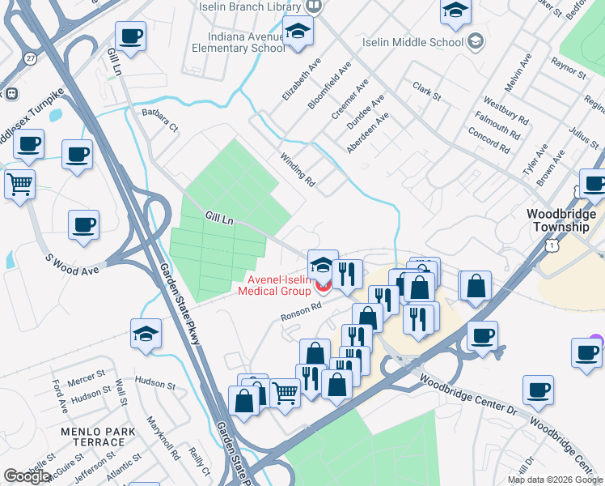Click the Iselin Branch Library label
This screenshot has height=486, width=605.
252,6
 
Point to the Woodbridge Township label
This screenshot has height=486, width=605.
561,220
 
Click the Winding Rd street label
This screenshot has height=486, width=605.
297,170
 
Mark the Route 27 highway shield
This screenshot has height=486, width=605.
30,58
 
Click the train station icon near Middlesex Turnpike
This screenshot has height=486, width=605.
11,93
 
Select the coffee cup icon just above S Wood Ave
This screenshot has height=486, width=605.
83,224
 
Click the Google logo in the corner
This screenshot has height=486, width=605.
27,476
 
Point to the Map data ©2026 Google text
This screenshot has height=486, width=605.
555,480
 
